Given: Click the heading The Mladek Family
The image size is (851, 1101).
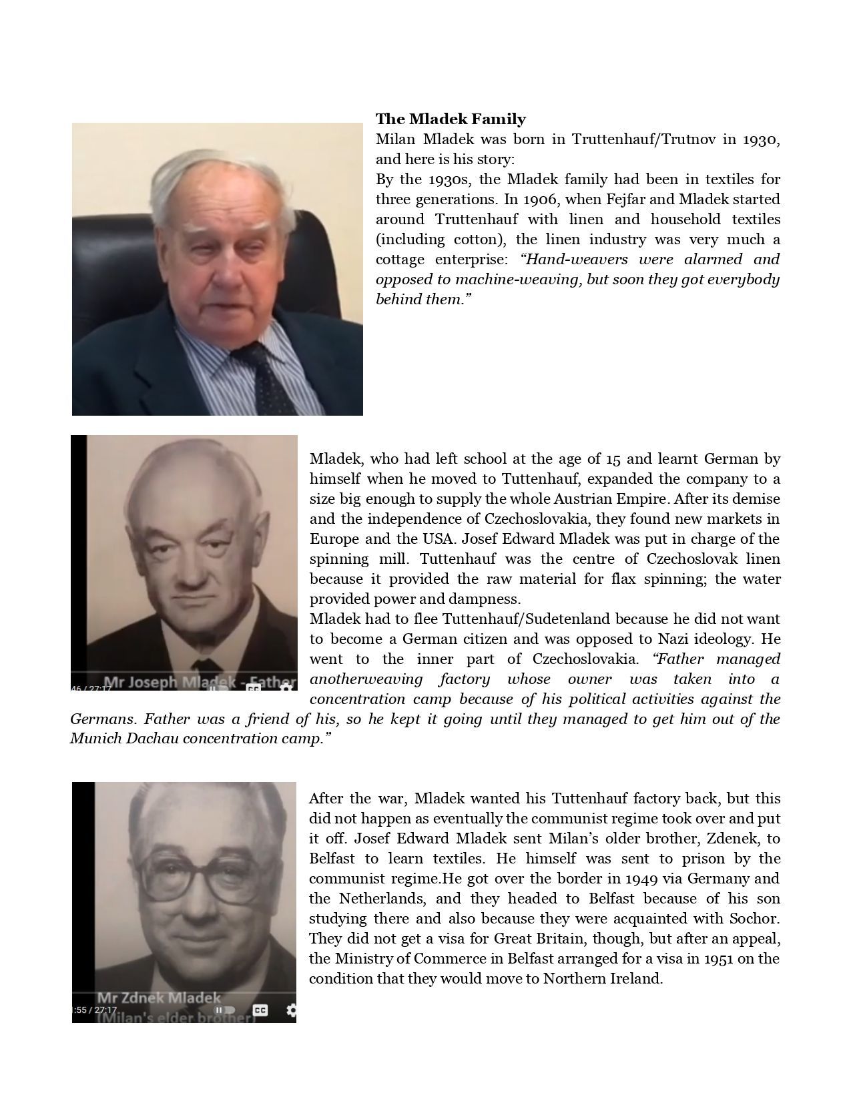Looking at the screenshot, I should (451, 119).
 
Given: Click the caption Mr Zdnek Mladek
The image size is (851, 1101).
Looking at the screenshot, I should (158, 998).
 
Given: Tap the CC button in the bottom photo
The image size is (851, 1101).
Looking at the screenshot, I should (260, 1010).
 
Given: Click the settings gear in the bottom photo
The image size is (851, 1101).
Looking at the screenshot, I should (291, 1010).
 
